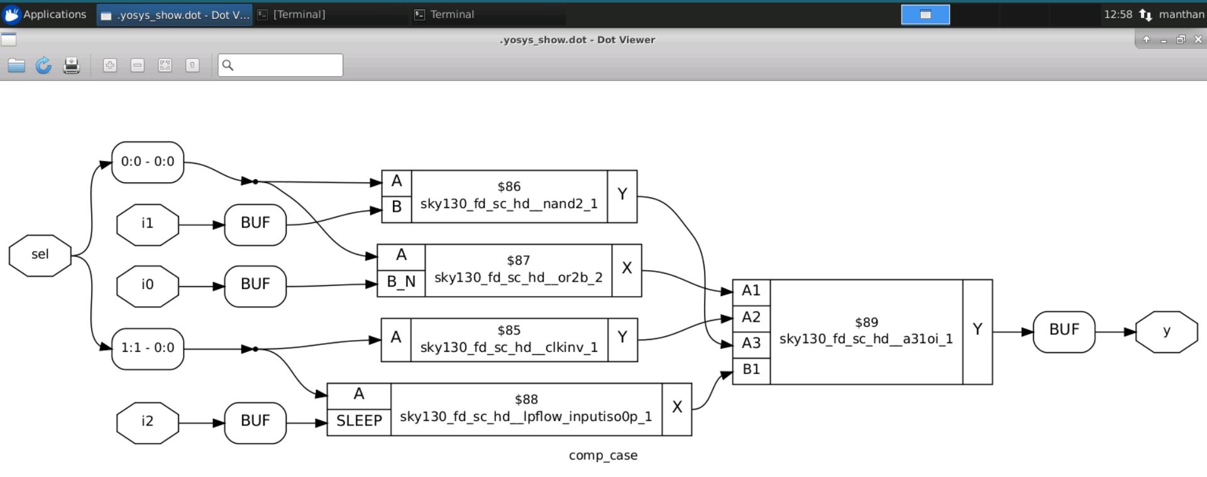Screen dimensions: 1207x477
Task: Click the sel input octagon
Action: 40,255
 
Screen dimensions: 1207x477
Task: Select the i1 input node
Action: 148,224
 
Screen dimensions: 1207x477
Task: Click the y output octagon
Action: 1167,332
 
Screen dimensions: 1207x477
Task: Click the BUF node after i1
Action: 255,224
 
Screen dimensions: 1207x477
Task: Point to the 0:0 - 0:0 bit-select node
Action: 148,162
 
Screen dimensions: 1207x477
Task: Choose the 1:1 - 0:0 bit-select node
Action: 148,349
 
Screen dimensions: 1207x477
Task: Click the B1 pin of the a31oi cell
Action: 751,370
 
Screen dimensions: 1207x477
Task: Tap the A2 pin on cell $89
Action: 751,318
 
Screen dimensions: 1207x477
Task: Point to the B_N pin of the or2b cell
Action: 401,283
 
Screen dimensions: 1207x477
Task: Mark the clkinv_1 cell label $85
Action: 509,331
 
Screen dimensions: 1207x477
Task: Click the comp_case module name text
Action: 603,456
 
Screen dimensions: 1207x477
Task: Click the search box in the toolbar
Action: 280,65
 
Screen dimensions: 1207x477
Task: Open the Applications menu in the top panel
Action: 45,14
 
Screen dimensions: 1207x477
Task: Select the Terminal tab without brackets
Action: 452,14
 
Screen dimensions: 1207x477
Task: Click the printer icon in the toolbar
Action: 72,65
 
